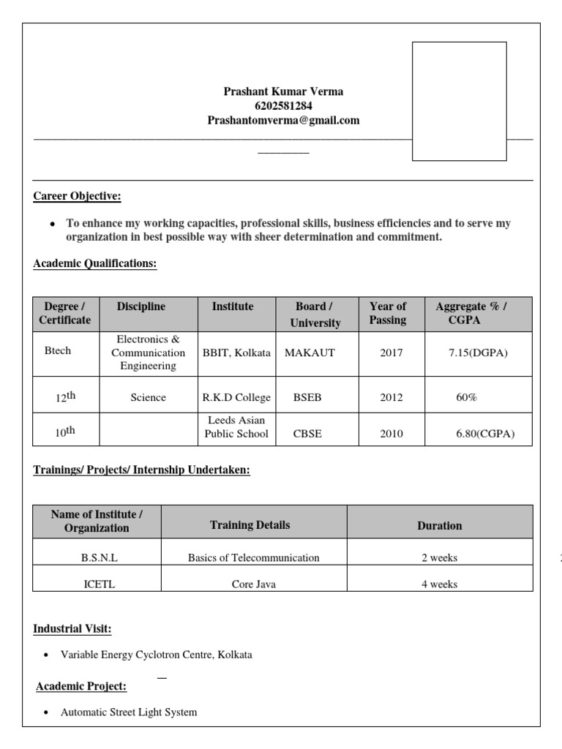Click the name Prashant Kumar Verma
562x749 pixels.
[283, 91]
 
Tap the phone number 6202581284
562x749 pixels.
[283, 106]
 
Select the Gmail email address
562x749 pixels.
[283, 121]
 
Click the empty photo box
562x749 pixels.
[459, 101]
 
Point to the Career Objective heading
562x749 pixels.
[78, 196]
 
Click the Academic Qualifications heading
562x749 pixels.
[95, 264]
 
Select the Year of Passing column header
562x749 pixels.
[388, 313]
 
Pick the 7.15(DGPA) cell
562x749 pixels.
[478, 353]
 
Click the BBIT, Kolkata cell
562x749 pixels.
[236, 353]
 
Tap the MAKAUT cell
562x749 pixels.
[310, 353]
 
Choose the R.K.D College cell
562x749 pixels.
[236, 398]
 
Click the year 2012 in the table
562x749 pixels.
[391, 398]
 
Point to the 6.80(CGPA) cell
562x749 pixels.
[484, 434]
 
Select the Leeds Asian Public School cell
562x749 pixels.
[236, 427]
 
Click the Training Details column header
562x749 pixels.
[250, 525]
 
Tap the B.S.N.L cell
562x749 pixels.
[99, 557]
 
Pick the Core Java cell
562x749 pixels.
[253, 584]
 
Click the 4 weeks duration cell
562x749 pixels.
[439, 584]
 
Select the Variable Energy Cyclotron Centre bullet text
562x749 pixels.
[156, 655]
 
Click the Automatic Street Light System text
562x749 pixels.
[129, 712]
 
